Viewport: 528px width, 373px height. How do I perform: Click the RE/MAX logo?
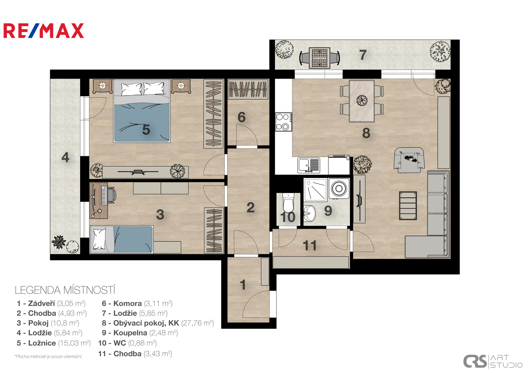[44, 31]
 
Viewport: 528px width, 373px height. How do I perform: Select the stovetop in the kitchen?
[284, 122]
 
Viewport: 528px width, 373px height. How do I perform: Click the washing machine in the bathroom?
[339, 188]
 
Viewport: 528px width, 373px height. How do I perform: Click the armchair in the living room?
[409, 160]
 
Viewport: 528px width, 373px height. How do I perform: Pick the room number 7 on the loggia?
[363, 55]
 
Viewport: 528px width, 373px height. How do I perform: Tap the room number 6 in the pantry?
[241, 117]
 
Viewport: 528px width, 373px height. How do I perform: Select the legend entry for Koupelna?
[140, 333]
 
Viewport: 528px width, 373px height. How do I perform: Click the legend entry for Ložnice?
[53, 343]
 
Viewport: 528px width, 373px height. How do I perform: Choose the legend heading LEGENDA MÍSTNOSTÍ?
[65, 290]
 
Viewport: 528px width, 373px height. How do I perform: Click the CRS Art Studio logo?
[493, 361]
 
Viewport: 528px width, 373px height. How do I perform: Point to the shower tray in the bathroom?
[315, 190]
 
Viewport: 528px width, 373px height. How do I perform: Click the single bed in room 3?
[122, 239]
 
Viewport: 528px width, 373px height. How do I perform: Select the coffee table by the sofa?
[408, 206]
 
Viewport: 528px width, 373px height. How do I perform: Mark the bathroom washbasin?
[309, 213]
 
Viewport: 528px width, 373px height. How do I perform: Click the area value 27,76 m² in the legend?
[198, 323]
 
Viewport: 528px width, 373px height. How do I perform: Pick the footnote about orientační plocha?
[48, 356]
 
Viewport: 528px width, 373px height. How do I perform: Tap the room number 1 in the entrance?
[243, 285]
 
